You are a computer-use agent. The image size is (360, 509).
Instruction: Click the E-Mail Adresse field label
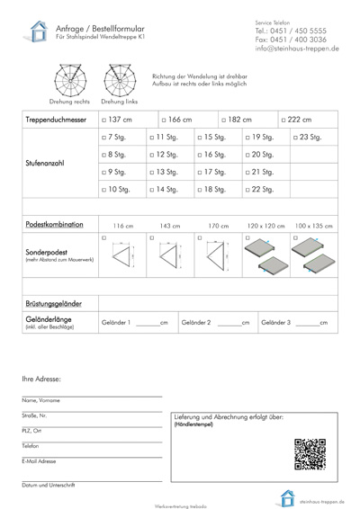pyautogui.click(x=40, y=461)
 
